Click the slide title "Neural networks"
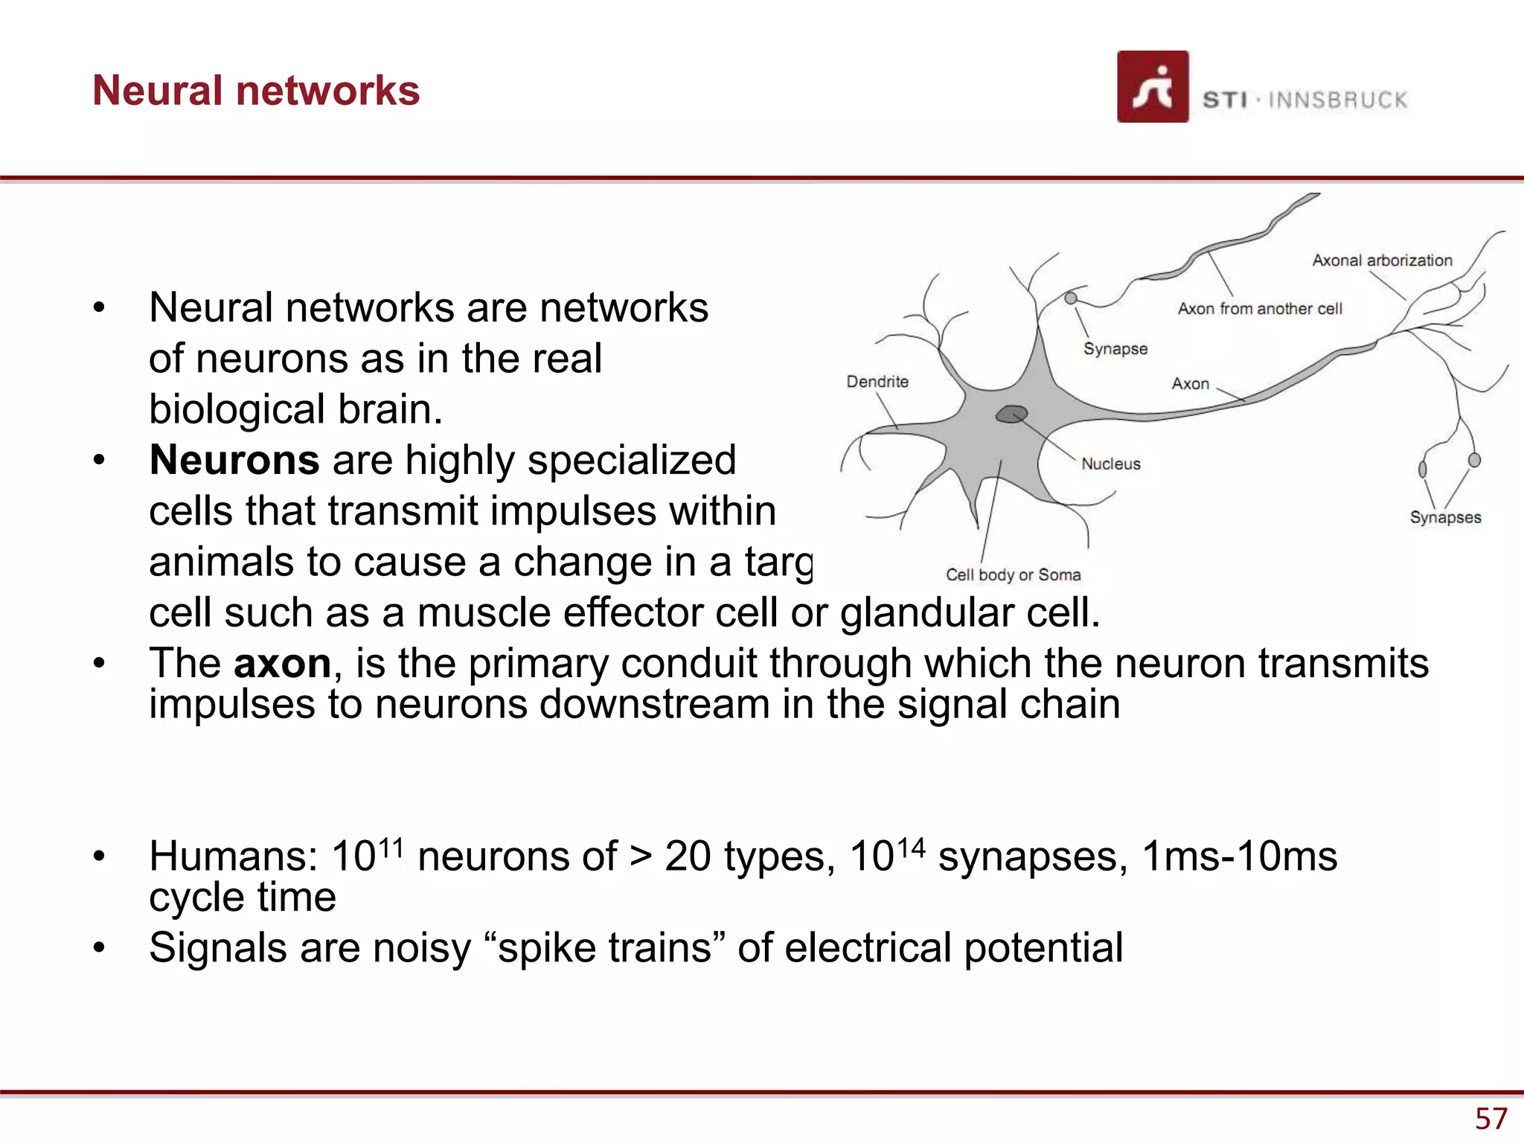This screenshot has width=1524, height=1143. pos(256,91)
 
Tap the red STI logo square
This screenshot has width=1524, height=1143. pos(1152,86)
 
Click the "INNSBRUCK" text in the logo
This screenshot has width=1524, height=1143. pos(1337,100)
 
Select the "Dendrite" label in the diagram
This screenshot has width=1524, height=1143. pos(877,382)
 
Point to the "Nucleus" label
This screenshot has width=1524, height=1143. pos(1110,464)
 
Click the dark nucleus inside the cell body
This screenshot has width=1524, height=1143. pos(1012,414)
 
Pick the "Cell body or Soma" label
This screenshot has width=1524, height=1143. pos(1013,574)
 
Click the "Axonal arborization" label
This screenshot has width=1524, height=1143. pos(1382,260)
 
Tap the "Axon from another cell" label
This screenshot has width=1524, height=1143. pos(1259,309)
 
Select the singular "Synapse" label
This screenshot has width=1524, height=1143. pos(1115,349)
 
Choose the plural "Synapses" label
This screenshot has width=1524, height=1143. pos(1445,517)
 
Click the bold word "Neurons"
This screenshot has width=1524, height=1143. pos(234,460)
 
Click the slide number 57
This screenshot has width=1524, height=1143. pos(1491,1118)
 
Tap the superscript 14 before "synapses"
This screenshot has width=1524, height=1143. pos(911,848)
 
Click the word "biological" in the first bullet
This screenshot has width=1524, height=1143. pos(237,409)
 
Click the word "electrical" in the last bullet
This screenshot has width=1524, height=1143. pos(868,948)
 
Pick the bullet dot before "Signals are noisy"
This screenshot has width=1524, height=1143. pos(99,948)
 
